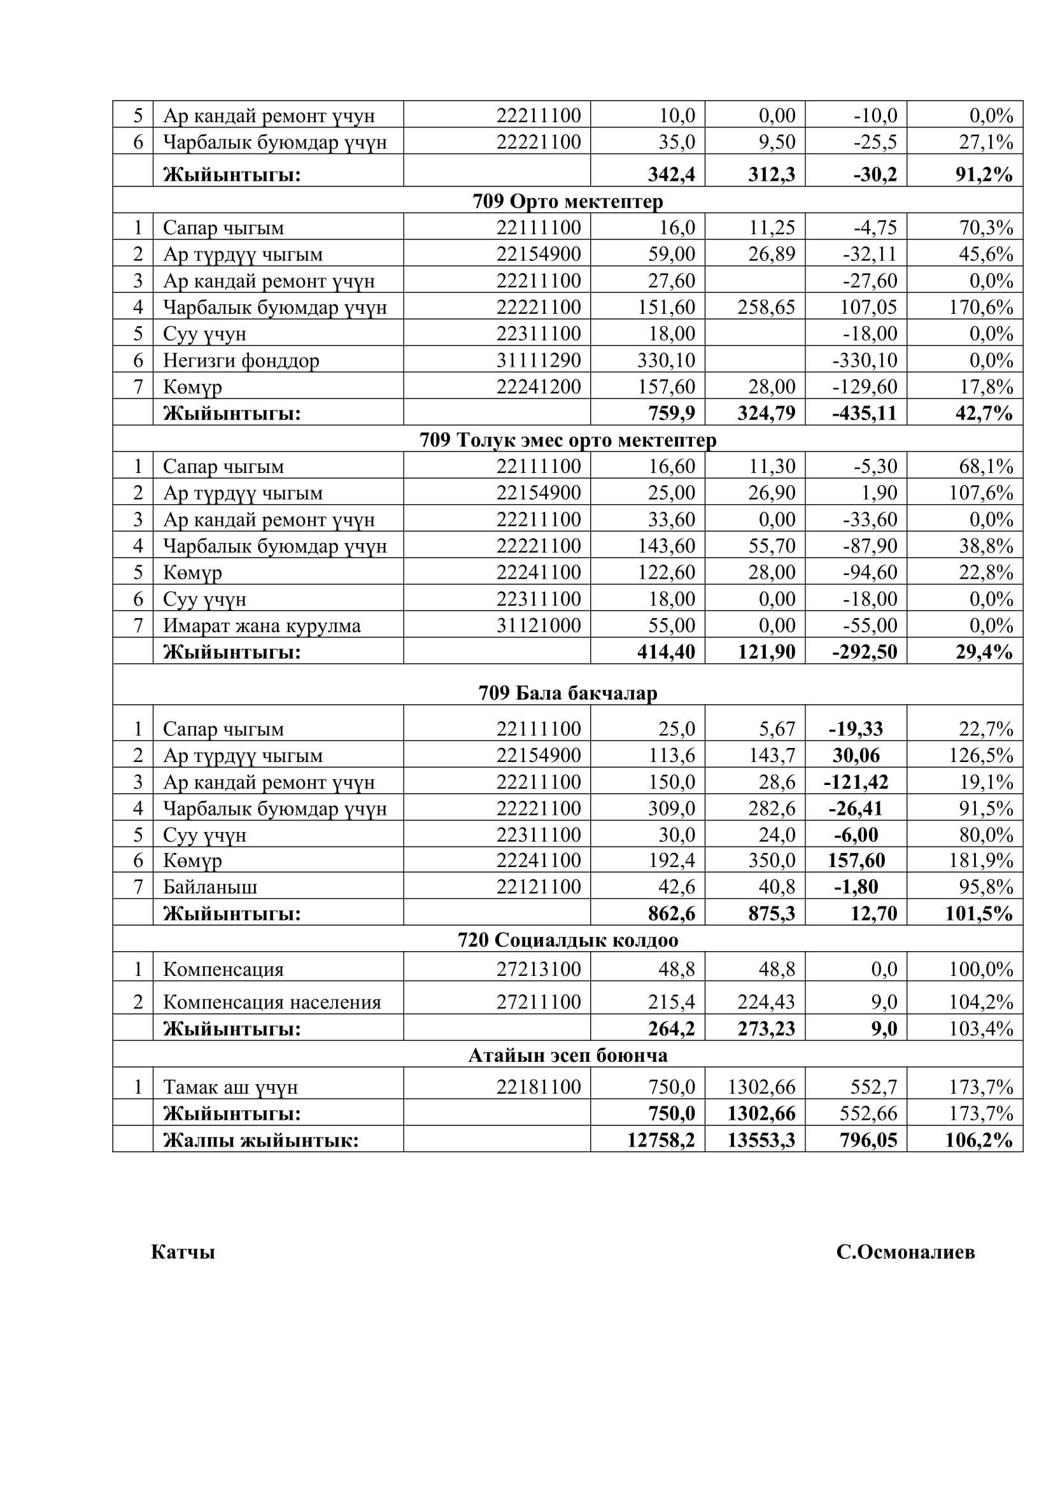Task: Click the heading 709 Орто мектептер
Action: [567, 202]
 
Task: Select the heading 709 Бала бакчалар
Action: [567, 693]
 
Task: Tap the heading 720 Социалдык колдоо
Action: [567, 940]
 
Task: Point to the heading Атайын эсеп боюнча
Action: [567, 1055]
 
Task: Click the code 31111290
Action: [538, 360]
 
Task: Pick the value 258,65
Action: [766, 307]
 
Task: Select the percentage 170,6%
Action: [981, 307]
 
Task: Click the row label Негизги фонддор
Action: [241, 360]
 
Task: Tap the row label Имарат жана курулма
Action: [261, 626]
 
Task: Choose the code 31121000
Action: [538, 625]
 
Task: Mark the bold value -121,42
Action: [855, 782]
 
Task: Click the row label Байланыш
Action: [209, 887]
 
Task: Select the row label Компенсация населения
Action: [272, 1003]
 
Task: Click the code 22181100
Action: [538, 1087]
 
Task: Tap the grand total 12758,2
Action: [660, 1140]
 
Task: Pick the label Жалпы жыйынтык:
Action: [260, 1141]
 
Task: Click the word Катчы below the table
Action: [183, 1252]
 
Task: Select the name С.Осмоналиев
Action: [905, 1252]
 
